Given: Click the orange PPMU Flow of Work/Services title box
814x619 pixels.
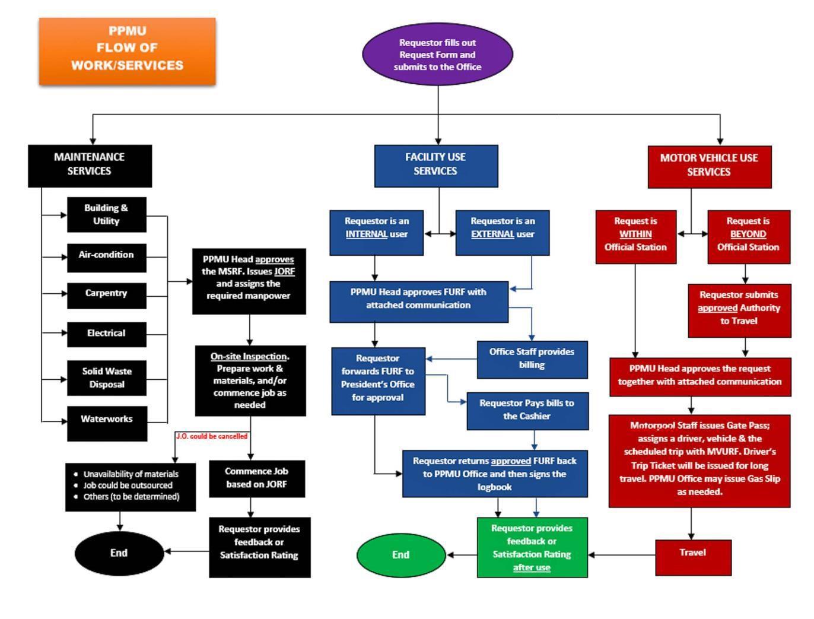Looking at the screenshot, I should click(x=127, y=51).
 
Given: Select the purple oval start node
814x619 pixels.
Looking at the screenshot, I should click(x=437, y=55).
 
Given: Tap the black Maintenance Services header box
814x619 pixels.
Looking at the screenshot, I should click(x=90, y=166).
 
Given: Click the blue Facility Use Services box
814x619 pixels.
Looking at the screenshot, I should click(x=435, y=166).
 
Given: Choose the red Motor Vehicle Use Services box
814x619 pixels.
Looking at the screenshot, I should click(x=709, y=166).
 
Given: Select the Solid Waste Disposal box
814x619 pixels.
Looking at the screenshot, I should click(x=107, y=378).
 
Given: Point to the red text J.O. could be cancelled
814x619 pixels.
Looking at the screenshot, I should click(x=212, y=436).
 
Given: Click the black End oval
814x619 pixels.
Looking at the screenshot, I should click(x=119, y=553).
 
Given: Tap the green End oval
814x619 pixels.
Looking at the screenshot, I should click(x=400, y=555).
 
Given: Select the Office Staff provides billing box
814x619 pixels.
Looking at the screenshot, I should click(x=532, y=359).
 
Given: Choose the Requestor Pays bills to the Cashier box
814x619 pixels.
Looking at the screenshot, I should click(x=527, y=410).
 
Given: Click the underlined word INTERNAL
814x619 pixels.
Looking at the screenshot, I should click(x=366, y=234).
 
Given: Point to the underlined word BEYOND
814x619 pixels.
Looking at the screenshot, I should click(x=748, y=234).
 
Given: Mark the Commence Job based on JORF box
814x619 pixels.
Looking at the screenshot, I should click(x=256, y=478).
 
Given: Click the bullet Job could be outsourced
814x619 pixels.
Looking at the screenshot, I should click(x=128, y=485).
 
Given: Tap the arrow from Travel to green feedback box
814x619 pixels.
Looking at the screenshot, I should click(x=621, y=555).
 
